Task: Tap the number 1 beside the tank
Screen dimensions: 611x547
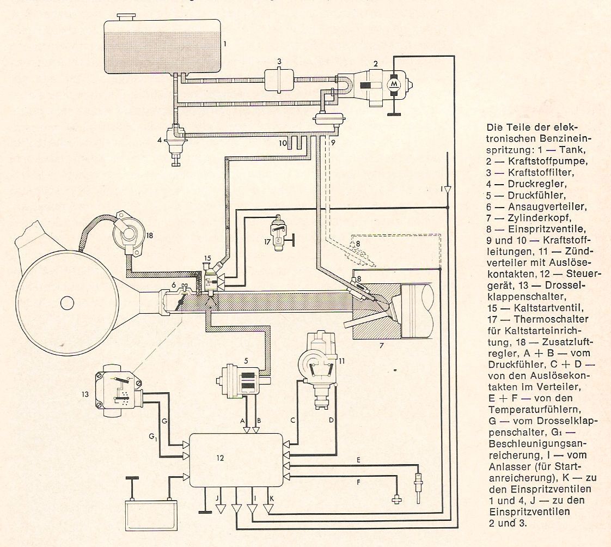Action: (x=224, y=43)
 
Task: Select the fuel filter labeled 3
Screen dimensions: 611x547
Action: (x=279, y=80)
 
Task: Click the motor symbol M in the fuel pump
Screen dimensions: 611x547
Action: (x=394, y=84)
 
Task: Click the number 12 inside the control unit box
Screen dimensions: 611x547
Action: (x=220, y=458)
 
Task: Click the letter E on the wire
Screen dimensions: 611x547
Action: (x=358, y=460)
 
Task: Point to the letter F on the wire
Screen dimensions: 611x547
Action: (x=358, y=483)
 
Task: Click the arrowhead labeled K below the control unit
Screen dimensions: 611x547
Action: (x=268, y=509)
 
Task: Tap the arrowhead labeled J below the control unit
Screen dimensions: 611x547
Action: (x=221, y=509)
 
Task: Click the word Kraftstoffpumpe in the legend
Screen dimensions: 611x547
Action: (x=547, y=161)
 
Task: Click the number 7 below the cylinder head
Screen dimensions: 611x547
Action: (x=382, y=345)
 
